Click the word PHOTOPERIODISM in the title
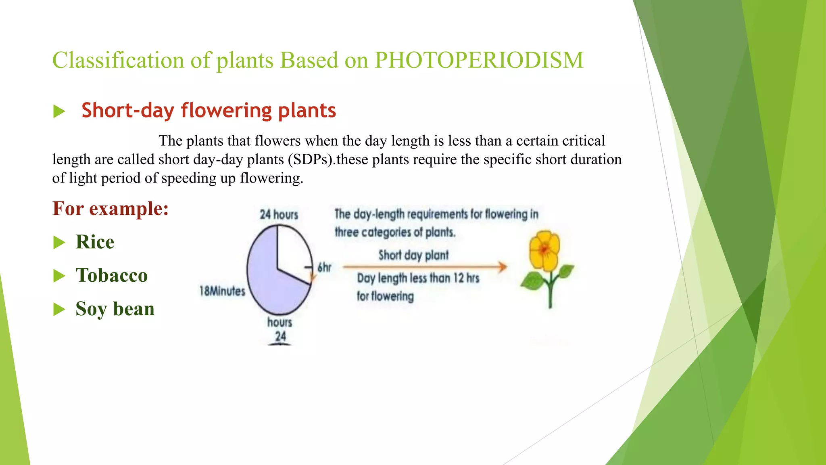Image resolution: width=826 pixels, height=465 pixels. (479, 61)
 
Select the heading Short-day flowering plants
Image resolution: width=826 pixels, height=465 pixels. (209, 111)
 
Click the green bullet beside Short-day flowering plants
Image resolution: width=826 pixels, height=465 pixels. (59, 111)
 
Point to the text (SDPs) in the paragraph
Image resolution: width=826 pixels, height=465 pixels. (311, 159)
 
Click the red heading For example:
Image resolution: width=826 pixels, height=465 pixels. (110, 209)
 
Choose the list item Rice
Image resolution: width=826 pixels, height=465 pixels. (95, 242)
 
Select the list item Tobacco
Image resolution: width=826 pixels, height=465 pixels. (112, 276)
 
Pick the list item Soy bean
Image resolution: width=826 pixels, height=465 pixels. (115, 309)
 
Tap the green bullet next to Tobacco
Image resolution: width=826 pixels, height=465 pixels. (59, 276)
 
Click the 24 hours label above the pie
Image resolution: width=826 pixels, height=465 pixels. (279, 214)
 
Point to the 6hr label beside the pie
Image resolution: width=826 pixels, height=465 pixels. (324, 267)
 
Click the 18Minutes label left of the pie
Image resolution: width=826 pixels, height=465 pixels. (222, 291)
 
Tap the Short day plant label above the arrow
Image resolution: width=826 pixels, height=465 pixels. (413, 255)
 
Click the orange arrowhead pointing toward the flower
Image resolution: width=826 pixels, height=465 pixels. (502, 267)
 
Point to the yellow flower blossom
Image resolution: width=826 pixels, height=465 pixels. (544, 250)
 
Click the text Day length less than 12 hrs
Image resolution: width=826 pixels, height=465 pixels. (418, 278)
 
